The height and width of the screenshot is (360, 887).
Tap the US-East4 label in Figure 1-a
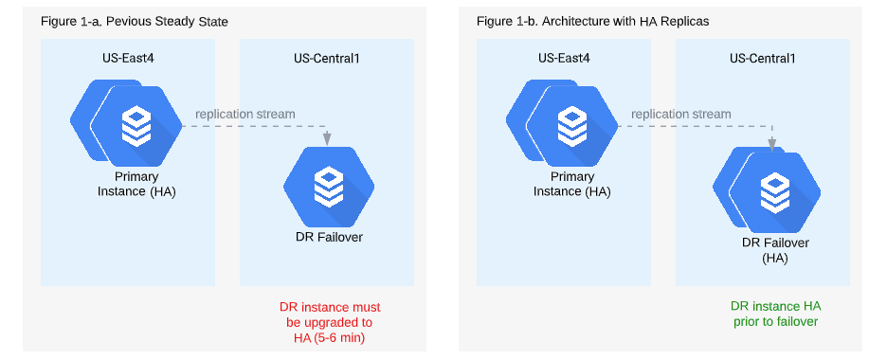point(127,58)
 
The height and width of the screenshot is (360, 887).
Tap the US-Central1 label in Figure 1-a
point(326,58)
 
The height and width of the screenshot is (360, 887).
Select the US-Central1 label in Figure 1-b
point(762,58)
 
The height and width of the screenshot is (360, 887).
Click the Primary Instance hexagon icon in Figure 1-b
point(570,124)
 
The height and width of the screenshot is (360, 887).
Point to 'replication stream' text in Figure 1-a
point(244,114)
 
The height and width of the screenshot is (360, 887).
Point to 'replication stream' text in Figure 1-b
point(680,114)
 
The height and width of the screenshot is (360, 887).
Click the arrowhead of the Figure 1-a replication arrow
point(328,139)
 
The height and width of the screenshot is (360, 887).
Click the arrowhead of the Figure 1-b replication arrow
point(773,144)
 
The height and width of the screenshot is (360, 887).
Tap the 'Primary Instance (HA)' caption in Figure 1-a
point(136,184)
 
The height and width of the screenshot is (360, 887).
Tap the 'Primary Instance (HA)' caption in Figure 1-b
point(572,184)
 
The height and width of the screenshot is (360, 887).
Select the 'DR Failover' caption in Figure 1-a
point(328,237)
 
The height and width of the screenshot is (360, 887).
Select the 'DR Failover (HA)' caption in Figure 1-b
point(775,250)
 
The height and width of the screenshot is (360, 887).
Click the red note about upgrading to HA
point(328,323)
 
